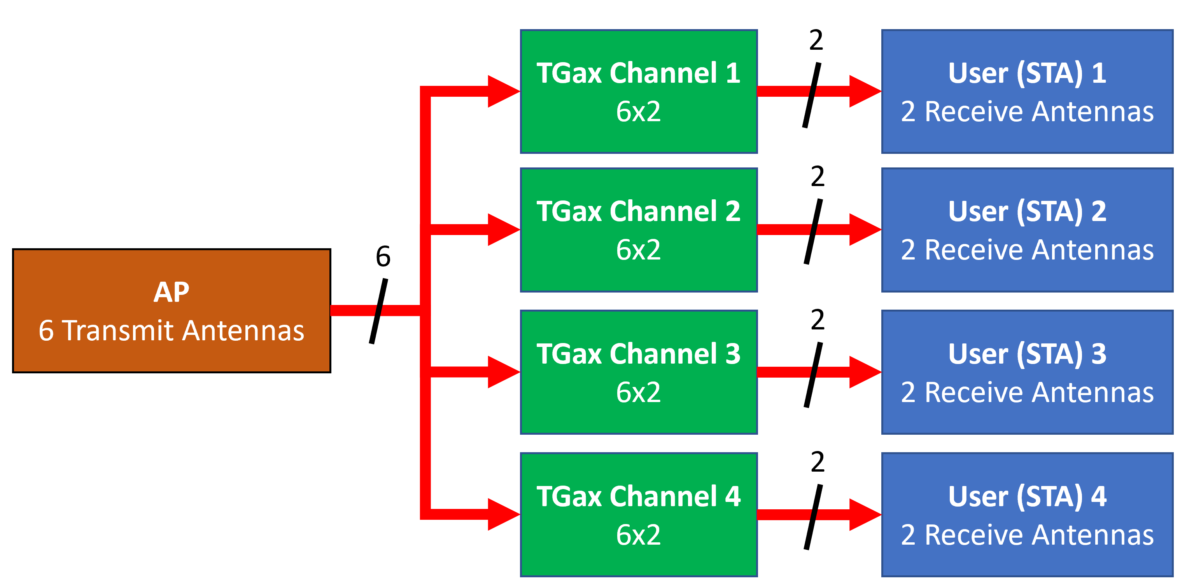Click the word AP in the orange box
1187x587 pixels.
click(171, 293)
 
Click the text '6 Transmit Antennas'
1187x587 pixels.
click(171, 331)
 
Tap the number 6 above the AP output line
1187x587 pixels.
click(383, 256)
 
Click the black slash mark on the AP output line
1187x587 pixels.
click(378, 311)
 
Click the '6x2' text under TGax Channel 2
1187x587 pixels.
click(638, 250)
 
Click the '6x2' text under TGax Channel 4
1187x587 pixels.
click(638, 535)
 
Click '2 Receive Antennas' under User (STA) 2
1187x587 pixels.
click(1027, 250)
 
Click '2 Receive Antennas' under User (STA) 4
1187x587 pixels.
click(1027, 535)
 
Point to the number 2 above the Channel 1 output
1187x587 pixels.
click(816, 40)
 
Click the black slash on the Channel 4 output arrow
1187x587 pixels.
click(813, 517)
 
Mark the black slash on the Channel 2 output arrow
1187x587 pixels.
click(813, 231)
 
